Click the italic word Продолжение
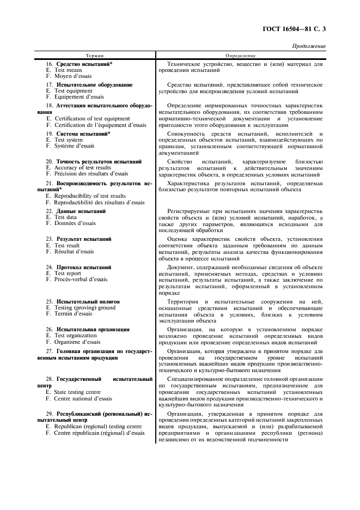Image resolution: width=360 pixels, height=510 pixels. pyautogui.click(x=309, y=46)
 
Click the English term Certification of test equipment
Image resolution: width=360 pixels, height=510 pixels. pyautogui.click(x=91, y=118)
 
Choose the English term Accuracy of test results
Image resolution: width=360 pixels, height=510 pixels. pyautogui.click(x=82, y=168)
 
